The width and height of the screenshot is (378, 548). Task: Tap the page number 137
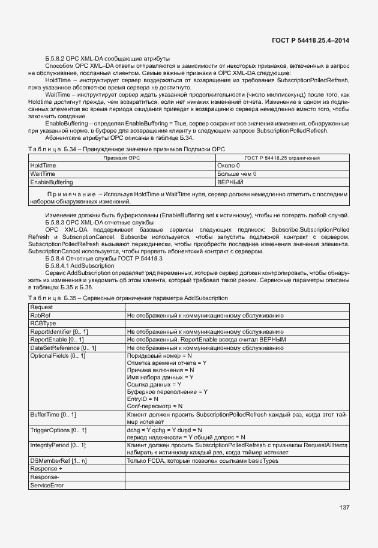(344, 507)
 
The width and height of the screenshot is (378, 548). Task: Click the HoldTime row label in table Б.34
(43, 165)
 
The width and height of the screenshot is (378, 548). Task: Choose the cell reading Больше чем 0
(237, 173)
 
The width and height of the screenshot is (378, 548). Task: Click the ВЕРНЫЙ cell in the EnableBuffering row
(230, 182)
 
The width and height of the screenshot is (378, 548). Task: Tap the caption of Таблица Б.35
(128, 298)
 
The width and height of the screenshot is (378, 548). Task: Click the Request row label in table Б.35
(41, 307)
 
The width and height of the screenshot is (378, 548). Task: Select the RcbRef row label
(40, 315)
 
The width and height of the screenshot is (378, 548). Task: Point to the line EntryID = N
(143, 399)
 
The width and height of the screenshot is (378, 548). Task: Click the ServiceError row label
(47, 485)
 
